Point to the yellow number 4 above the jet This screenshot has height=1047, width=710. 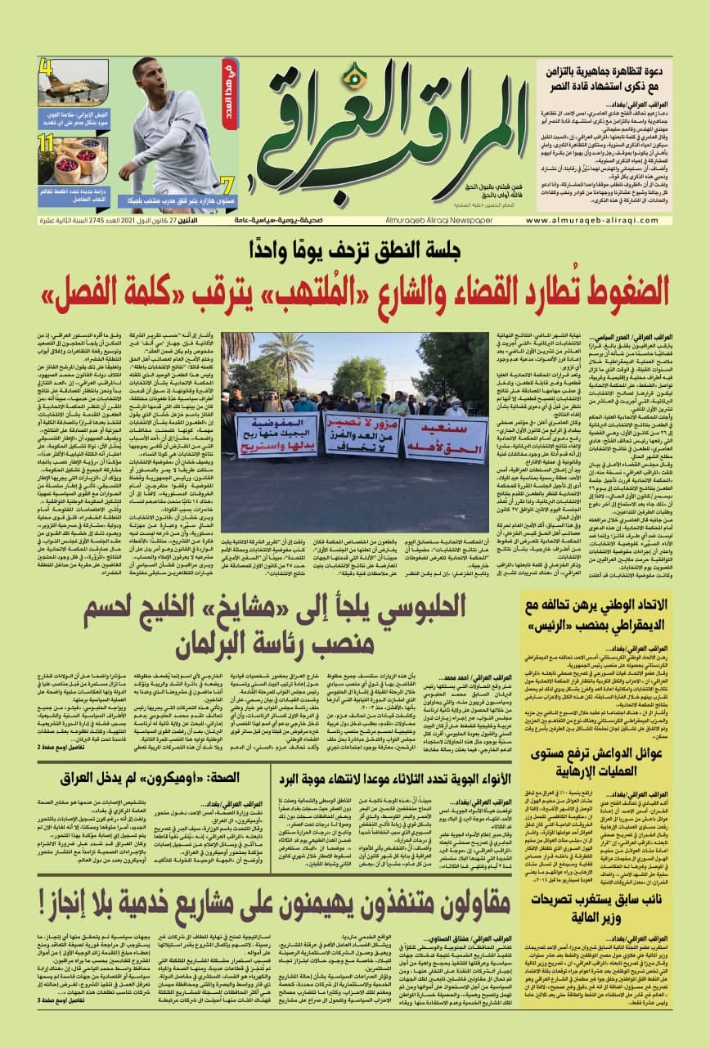pos(46,67)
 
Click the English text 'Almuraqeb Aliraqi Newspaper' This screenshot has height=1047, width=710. pos(422,220)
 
